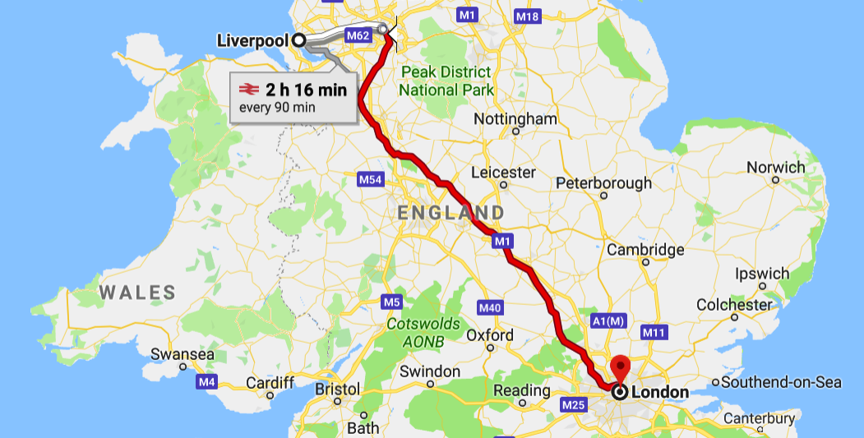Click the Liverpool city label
point(253,40)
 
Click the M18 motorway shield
point(526,16)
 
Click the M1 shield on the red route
point(502,241)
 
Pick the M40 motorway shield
point(489,307)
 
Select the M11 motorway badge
point(653,332)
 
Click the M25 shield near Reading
point(572,405)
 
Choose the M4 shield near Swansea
point(206,382)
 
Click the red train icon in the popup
point(247,90)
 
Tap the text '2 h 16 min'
point(306,90)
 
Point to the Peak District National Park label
point(447,81)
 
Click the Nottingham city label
point(515,119)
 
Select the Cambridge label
point(645,250)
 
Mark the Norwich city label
point(775,168)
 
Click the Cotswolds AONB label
point(424,332)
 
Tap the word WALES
point(137,293)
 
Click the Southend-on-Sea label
point(782,382)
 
